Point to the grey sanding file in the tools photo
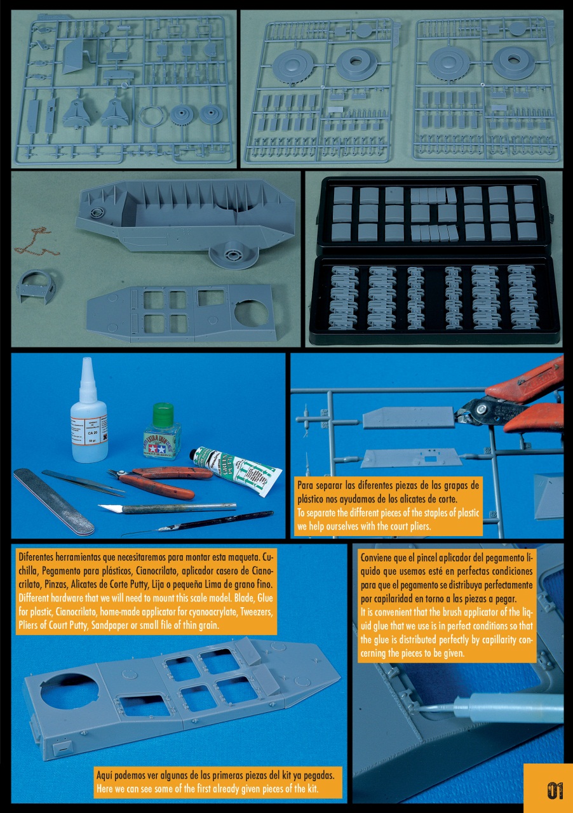click(54, 501)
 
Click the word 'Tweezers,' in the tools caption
click(256, 612)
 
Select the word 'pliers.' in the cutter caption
click(420, 527)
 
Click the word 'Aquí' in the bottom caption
click(104, 776)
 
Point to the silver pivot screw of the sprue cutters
click(482, 409)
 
